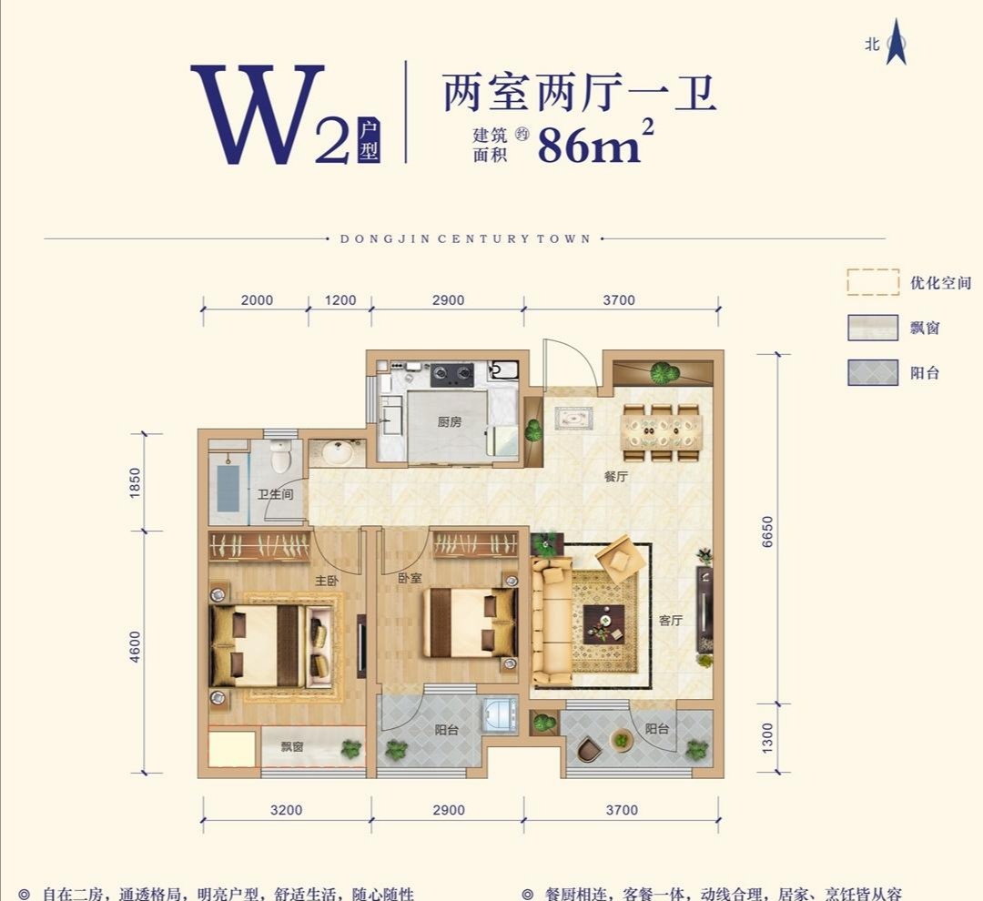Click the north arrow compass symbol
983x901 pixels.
coord(897,43)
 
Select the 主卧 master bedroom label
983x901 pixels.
coord(327,579)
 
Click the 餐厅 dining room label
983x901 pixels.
coord(616,477)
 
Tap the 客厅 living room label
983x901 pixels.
coord(671,621)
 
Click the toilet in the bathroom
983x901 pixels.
coord(280,454)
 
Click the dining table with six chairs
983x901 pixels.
coord(662,431)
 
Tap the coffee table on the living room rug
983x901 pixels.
coord(603,623)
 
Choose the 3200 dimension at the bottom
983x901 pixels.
coord(286,810)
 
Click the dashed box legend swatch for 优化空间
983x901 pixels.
coord(873,282)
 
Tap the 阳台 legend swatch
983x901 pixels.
coord(873,372)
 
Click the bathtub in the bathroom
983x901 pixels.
coord(228,486)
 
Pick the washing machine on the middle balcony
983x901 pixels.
coord(500,715)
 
